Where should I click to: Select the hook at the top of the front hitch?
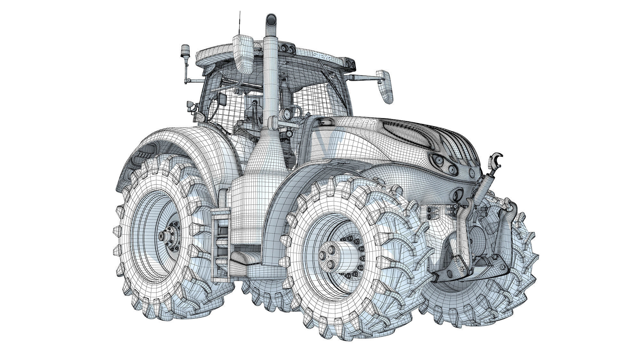[497, 159]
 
